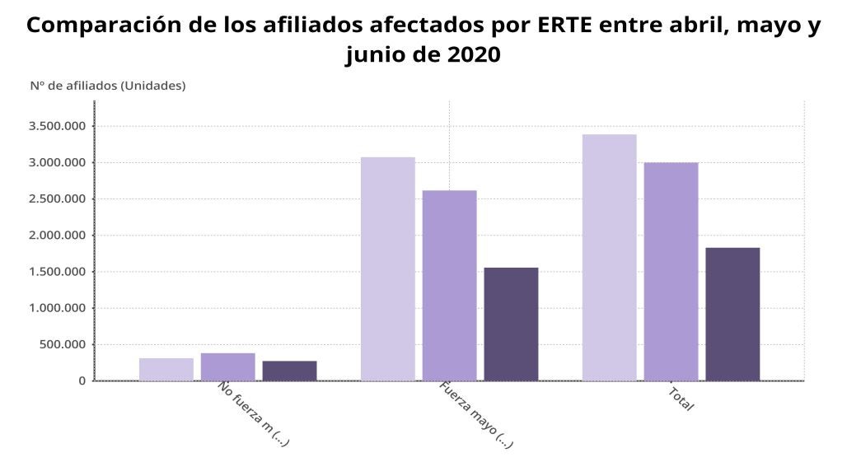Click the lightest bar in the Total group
click(609, 257)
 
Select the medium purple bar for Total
click(671, 271)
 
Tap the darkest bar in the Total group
click(732, 314)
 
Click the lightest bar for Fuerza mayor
click(387, 268)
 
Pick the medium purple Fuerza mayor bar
click(449, 285)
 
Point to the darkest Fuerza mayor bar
click(511, 324)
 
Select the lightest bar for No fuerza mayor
click(166, 369)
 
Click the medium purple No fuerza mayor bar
click(227, 366)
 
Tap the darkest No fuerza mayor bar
click(289, 371)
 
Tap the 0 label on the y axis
click(81, 380)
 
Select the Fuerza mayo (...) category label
click(476, 414)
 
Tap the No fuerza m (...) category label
click(254, 414)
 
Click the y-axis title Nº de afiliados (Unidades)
click(108, 85)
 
